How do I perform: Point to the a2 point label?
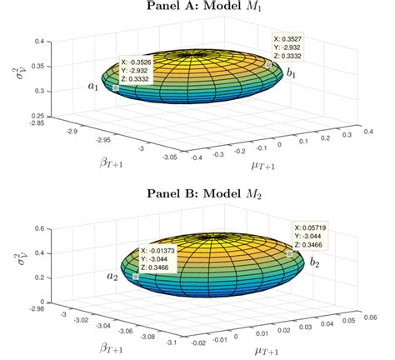112,276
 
